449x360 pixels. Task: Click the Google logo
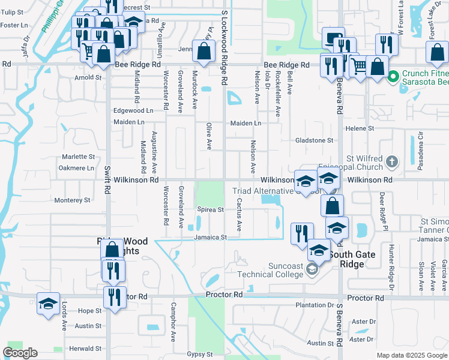20,353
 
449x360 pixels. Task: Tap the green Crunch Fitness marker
394,76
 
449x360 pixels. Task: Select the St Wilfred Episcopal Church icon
392,161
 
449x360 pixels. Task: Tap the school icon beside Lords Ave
48,303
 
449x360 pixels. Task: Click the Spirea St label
210,210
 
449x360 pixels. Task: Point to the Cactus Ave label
239,215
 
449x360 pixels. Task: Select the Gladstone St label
314,140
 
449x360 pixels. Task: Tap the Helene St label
359,128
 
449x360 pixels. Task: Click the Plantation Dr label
314,305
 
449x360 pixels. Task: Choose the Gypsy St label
200,355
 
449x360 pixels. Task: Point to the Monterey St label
72,200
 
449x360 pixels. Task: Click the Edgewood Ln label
133,111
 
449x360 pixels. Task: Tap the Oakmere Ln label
77,168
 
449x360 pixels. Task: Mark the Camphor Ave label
173,321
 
